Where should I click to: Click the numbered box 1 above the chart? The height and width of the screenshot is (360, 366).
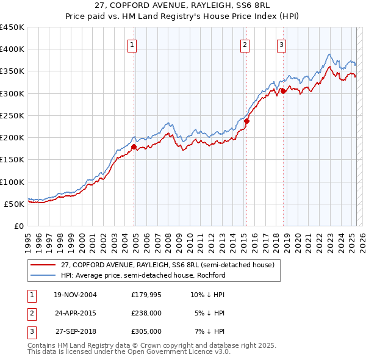tap(132, 44)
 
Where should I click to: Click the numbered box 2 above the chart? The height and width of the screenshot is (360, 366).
tap(245, 44)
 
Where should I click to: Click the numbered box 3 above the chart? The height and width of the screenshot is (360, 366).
tap(281, 44)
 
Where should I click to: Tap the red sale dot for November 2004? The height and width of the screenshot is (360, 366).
tap(134, 146)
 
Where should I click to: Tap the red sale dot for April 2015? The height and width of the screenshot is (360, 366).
tap(246, 121)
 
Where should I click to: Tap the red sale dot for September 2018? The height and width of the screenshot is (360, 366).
tap(284, 92)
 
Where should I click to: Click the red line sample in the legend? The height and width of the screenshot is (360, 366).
tap(43, 265)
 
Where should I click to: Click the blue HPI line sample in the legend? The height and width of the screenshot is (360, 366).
tap(43, 275)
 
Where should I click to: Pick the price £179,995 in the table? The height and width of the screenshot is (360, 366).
tap(146, 295)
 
